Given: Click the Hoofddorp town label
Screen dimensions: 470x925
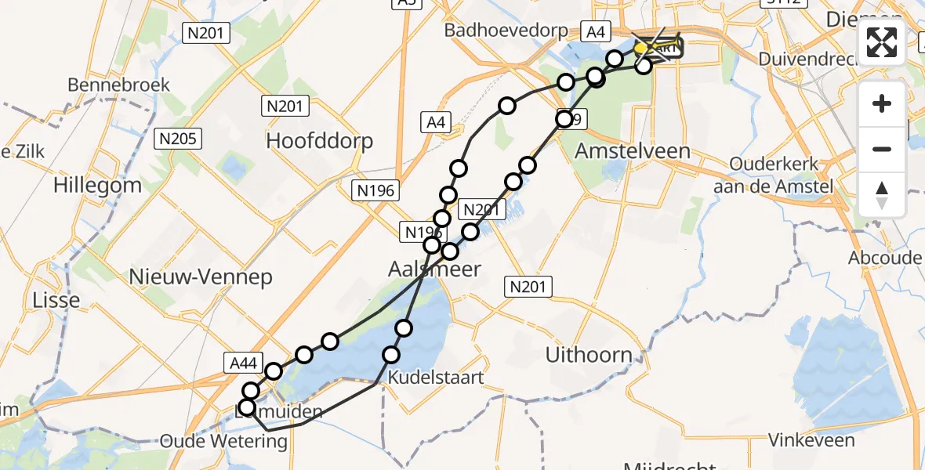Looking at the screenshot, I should click(x=320, y=141).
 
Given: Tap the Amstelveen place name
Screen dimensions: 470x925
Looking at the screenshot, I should click(x=633, y=150).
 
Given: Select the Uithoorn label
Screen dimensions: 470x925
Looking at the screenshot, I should click(x=589, y=355).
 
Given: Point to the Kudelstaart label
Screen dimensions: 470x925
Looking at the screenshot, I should click(x=444, y=377).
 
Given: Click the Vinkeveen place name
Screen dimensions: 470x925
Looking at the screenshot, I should click(x=811, y=440).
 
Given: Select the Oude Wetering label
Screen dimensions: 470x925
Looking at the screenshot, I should click(x=223, y=441).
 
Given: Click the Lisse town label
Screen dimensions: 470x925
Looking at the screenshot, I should click(x=56, y=300).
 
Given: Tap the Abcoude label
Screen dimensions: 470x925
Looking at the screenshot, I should click(x=885, y=258).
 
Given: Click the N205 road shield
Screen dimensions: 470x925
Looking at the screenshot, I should click(x=180, y=139).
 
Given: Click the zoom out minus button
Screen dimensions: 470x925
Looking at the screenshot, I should click(x=882, y=150).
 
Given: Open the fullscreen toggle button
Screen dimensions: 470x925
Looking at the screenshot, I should click(x=882, y=42).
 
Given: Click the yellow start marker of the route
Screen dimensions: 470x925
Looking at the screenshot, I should click(x=640, y=49).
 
